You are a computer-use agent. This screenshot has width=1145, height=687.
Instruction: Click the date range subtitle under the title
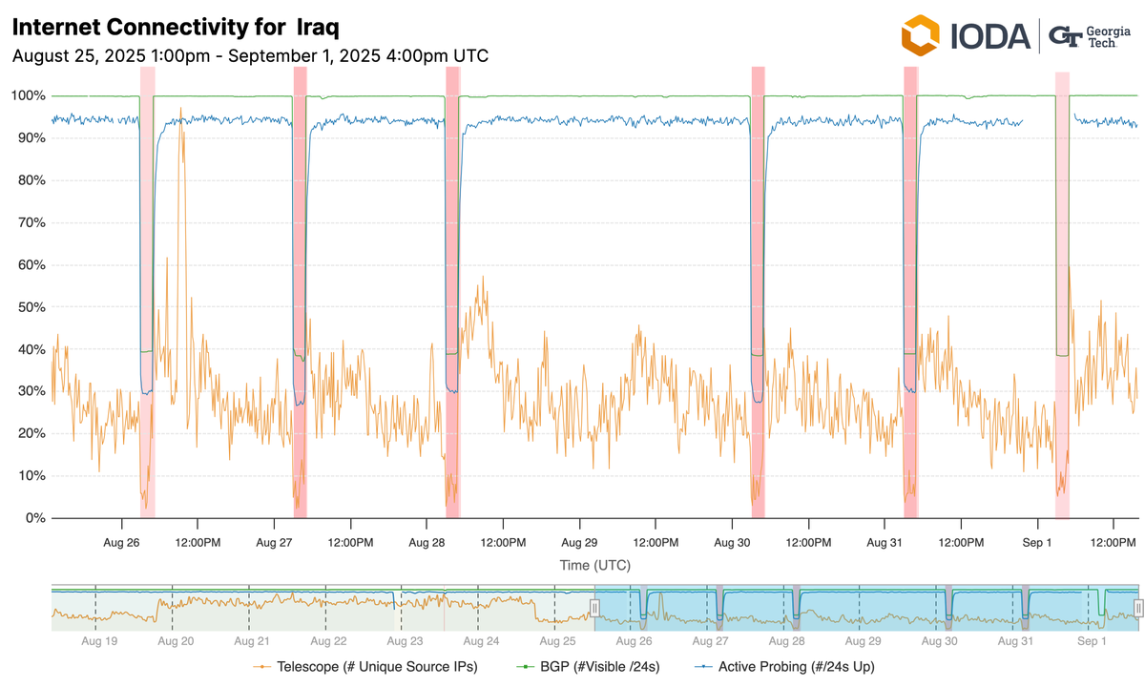(250, 55)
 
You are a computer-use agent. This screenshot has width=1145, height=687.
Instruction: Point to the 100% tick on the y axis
(28, 96)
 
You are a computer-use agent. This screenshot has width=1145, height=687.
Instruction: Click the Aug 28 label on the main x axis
(427, 542)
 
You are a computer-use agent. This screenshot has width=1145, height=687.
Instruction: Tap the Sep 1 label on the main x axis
(1037, 542)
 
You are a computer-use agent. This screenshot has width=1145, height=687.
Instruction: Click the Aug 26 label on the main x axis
(122, 542)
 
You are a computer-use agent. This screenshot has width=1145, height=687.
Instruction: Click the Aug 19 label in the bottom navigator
(99, 642)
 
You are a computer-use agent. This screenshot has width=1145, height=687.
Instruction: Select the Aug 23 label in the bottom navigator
(405, 642)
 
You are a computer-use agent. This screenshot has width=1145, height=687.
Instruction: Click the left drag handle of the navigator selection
(593, 608)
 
